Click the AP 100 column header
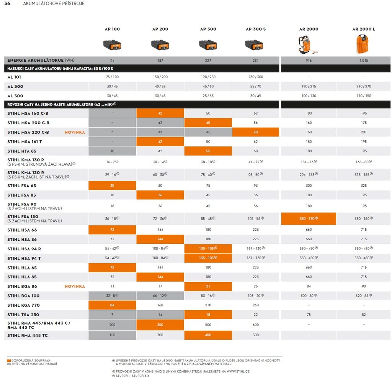[x=112, y=29]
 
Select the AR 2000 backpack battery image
[x=309, y=44]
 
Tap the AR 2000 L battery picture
[x=363, y=44]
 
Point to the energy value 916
[x=309, y=61]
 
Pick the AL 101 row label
[x=15, y=77]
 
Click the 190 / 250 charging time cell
[x=208, y=77]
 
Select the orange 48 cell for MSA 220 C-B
[x=255, y=132]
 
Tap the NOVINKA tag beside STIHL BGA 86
[x=75, y=286]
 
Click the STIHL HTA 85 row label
[x=22, y=151]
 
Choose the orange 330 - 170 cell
[x=309, y=219]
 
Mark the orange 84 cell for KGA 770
[x=112, y=305]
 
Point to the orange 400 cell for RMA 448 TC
[x=208, y=335]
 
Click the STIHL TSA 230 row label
[x=23, y=315]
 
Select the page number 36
[x=7, y=3]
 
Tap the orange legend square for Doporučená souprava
[x=9, y=361]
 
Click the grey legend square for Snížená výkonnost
[x=9, y=364]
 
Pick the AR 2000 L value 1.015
[x=363, y=61]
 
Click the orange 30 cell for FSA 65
[x=112, y=186]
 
